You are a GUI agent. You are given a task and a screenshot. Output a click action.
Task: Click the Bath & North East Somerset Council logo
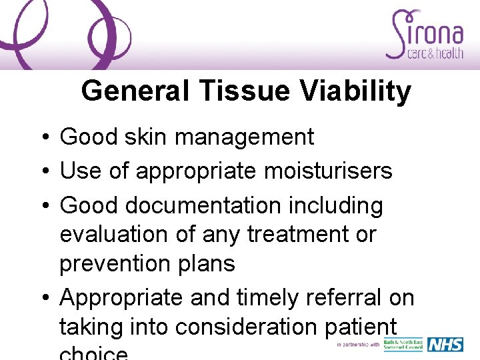coord(403,345)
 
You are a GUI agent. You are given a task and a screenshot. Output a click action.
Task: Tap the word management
coord(244,137)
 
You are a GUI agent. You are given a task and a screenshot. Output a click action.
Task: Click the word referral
coord(343,297)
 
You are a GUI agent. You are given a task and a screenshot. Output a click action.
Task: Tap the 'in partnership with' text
coord(358,345)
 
